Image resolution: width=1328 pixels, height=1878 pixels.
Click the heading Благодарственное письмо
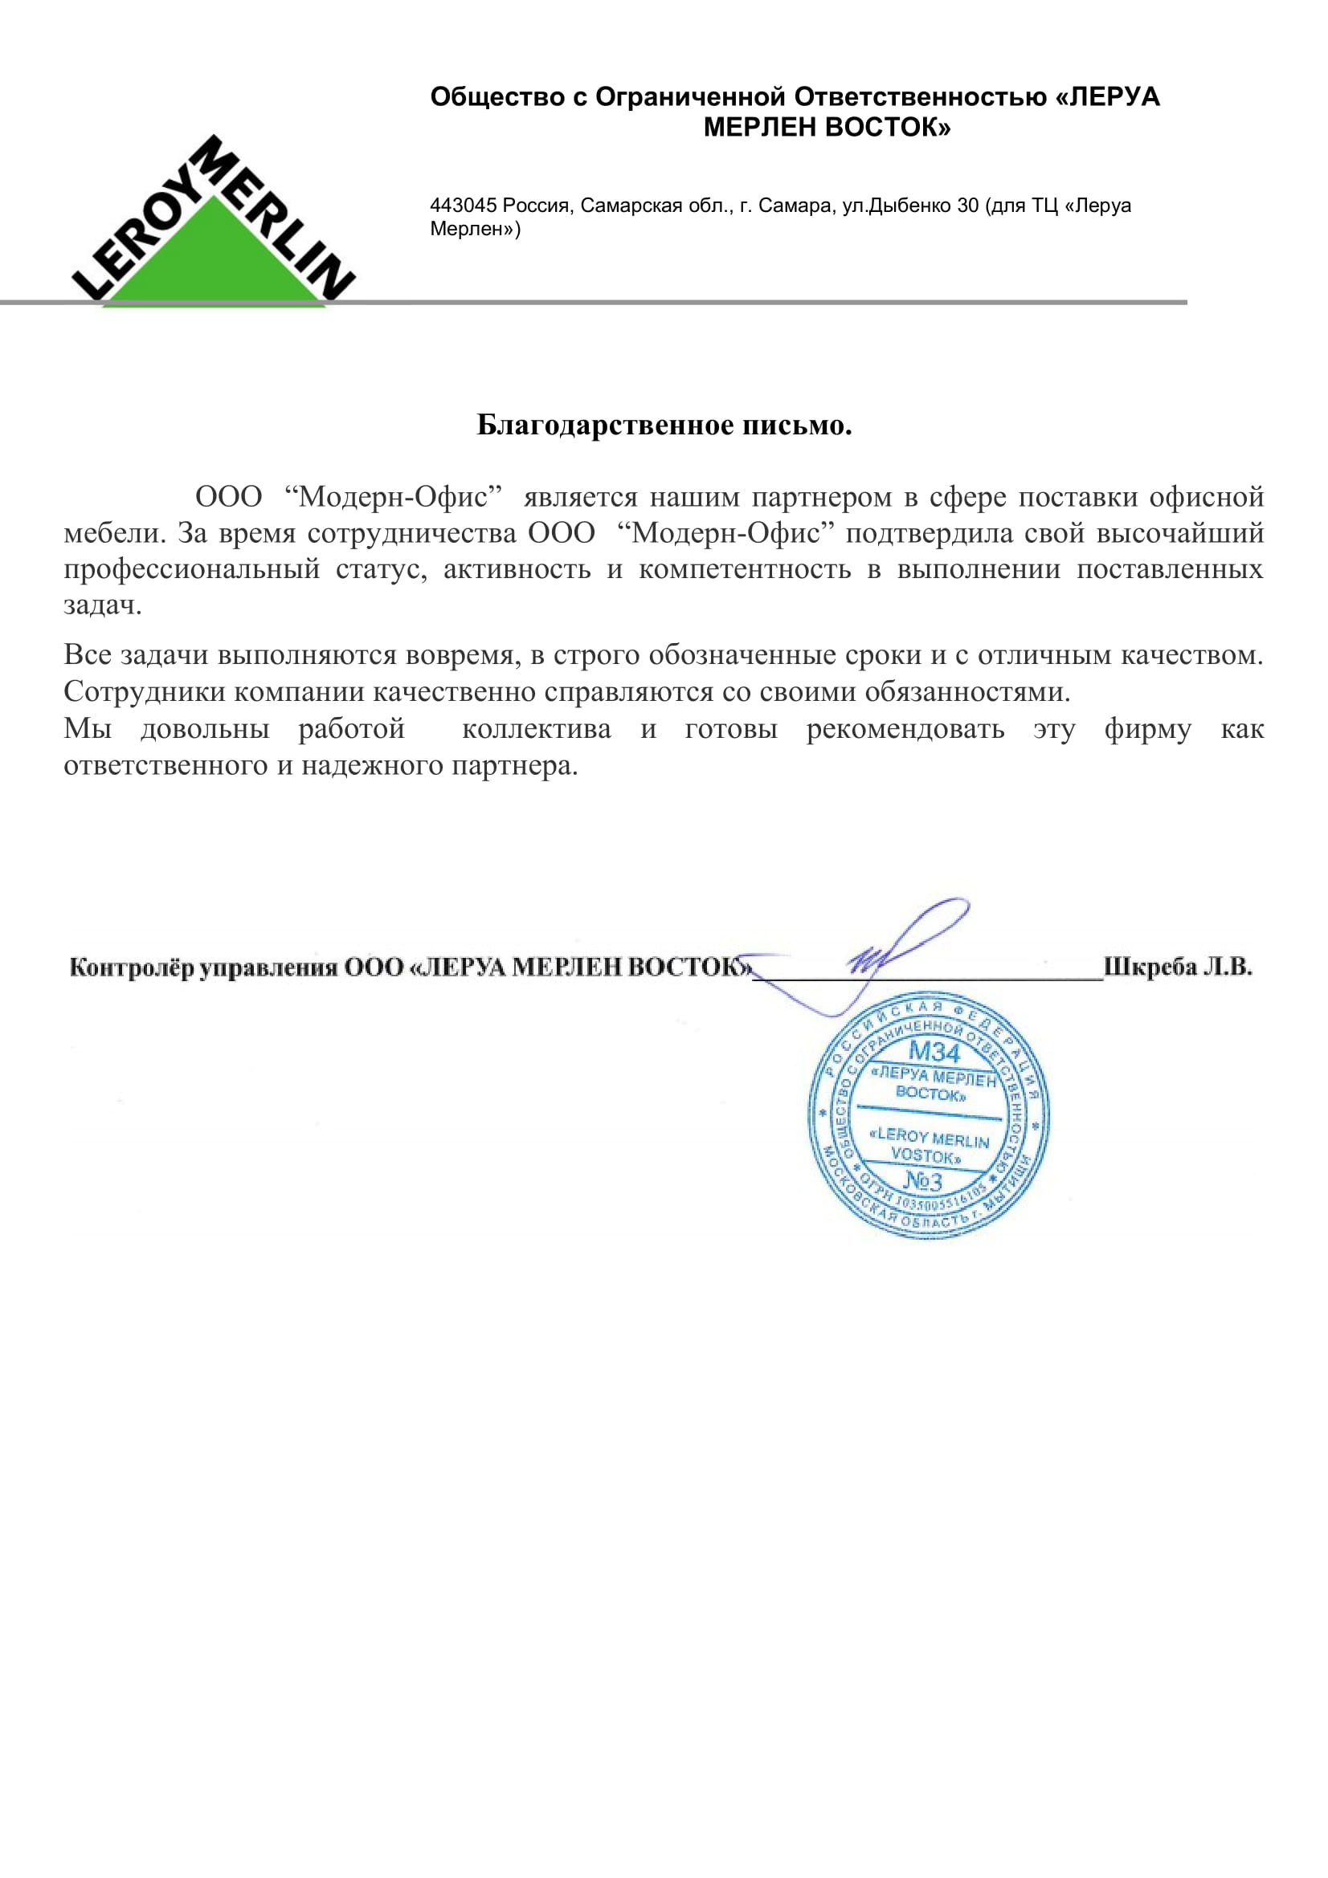664,426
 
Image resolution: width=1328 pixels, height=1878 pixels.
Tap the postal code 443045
463,206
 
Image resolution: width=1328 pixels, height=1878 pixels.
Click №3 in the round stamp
923,1180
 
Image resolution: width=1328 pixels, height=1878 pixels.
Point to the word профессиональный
191,569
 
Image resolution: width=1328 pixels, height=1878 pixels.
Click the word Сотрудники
145,692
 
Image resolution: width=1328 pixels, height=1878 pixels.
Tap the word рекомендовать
905,729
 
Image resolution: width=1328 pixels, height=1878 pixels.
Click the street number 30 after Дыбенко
968,206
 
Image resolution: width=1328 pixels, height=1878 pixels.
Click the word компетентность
745,569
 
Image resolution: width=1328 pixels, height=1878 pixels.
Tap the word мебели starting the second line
113,533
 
